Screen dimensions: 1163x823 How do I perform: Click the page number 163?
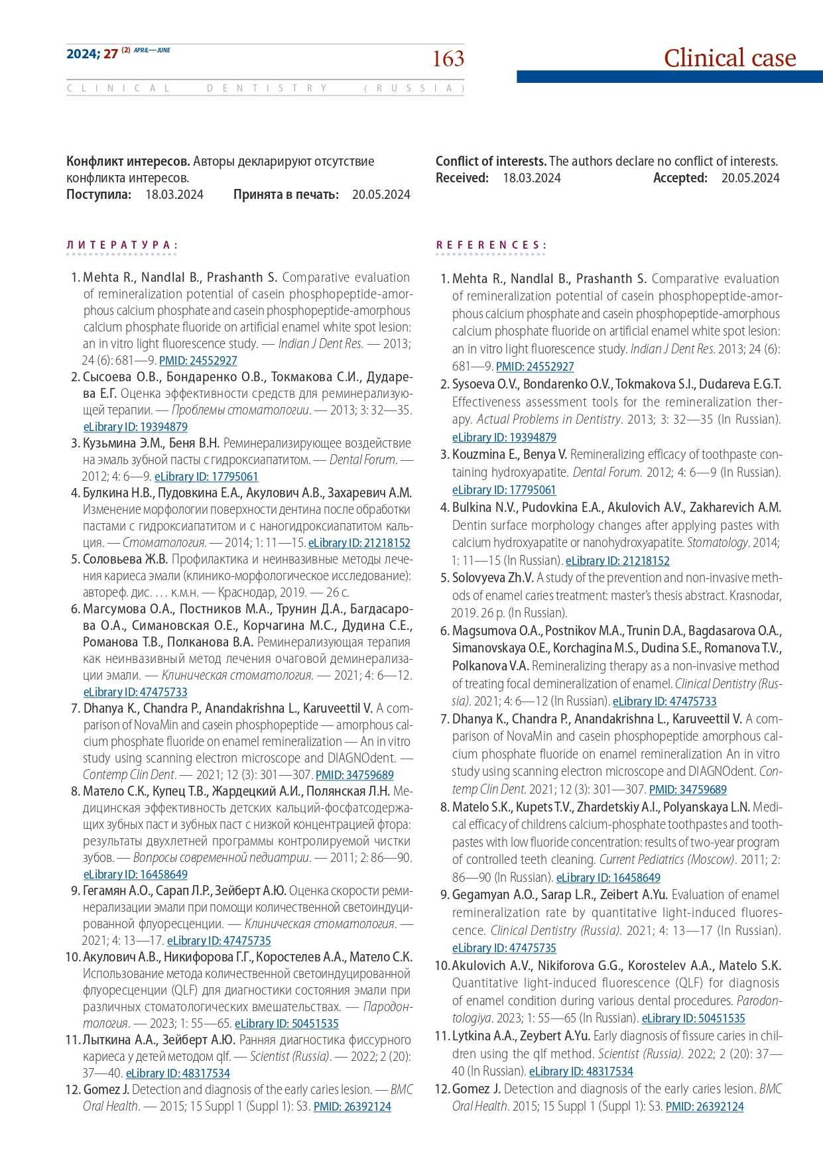tap(448, 59)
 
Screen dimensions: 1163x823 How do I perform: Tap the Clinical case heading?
tap(729, 58)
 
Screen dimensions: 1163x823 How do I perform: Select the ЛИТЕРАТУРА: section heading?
tap(121, 245)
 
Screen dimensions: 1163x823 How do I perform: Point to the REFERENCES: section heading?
tap(491, 245)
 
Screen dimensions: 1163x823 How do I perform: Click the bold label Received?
tap(462, 178)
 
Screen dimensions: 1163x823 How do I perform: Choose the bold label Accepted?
tap(680, 178)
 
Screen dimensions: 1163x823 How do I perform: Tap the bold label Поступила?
tap(98, 195)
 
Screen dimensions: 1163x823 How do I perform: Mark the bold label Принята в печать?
tap(286, 195)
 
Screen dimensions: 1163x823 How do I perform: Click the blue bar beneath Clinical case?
tap(669, 78)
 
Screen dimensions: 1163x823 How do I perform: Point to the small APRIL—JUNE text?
tap(152, 50)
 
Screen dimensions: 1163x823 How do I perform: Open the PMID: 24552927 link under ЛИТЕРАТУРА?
tap(198, 361)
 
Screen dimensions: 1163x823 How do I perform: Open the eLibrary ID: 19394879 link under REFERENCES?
tap(504, 438)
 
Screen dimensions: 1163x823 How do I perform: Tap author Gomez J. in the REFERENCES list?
tap(476, 1089)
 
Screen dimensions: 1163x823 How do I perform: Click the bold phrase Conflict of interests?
tap(491, 162)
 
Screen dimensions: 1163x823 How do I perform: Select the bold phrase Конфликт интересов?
tap(128, 162)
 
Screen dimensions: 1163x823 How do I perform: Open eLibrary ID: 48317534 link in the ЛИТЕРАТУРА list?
tap(178, 1073)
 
